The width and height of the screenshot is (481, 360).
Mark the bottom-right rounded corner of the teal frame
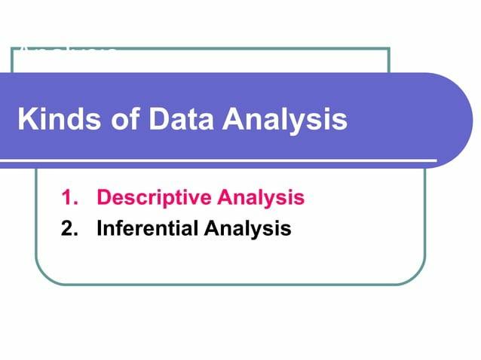pyautogui.click(x=415, y=274)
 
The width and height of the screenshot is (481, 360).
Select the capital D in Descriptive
pyautogui.click(x=104, y=199)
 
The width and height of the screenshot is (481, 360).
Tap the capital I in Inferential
pyautogui.click(x=100, y=228)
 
